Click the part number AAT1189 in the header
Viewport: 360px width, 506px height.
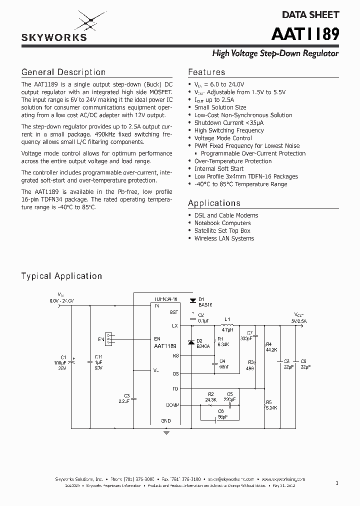(x=305, y=34)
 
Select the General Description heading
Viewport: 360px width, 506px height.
(x=63, y=72)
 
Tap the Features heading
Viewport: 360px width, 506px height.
(x=206, y=72)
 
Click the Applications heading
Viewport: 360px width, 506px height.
(x=214, y=203)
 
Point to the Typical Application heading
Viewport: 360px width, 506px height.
(x=61, y=276)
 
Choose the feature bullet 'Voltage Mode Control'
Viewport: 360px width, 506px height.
(x=223, y=138)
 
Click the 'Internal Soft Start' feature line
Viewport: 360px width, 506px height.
(x=219, y=168)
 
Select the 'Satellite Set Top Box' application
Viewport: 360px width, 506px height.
(x=222, y=230)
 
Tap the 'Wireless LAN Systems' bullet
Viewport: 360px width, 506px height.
(x=224, y=238)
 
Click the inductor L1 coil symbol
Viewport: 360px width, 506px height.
(x=227, y=325)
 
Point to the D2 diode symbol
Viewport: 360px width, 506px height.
(x=190, y=343)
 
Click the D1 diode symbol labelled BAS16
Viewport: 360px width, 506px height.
(x=192, y=300)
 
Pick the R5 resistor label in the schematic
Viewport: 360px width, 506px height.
(x=269, y=402)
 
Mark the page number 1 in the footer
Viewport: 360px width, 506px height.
(x=337, y=482)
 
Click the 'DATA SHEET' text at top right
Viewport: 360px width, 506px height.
(x=314, y=14)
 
